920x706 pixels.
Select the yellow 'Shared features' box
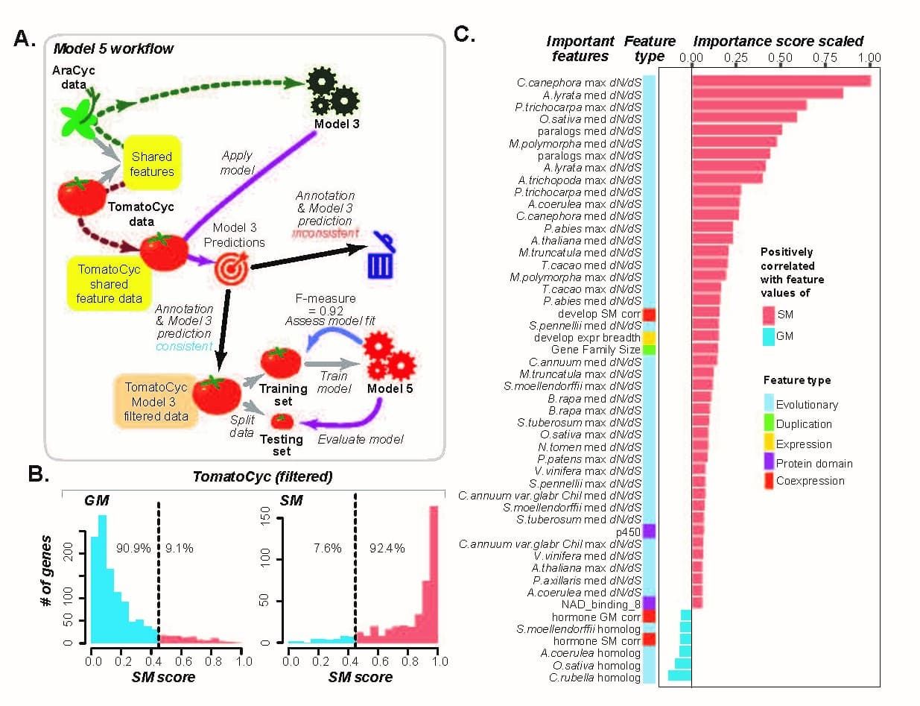pyautogui.click(x=152, y=164)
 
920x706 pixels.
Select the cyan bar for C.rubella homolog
pyautogui.click(x=679, y=676)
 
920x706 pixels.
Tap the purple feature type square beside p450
pyautogui.click(x=649, y=531)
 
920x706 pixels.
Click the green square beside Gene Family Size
pyautogui.click(x=649, y=349)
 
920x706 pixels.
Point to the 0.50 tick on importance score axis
pyautogui.click(x=781, y=57)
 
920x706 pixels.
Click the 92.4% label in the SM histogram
pyautogui.click(x=387, y=548)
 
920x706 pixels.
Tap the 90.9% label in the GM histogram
pyautogui.click(x=134, y=548)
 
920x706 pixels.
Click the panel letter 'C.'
pyautogui.click(x=464, y=35)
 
